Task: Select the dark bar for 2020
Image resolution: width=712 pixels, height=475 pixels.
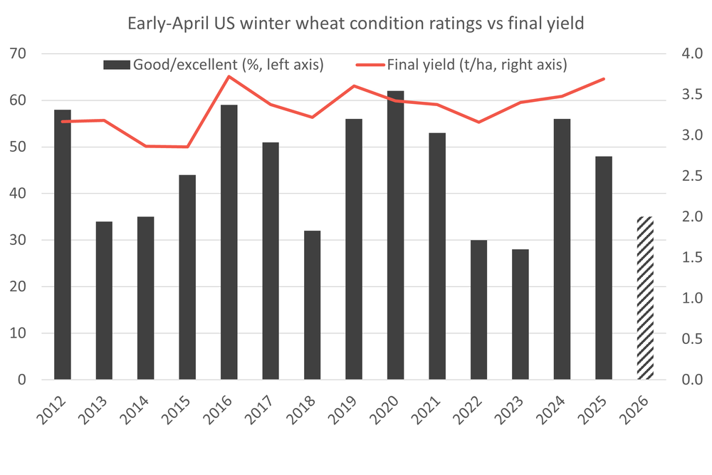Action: [395, 235]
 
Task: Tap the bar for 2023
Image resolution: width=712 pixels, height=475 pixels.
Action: [520, 314]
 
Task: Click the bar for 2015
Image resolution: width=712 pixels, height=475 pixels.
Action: [187, 277]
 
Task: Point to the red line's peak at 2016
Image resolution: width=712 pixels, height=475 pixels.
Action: [229, 76]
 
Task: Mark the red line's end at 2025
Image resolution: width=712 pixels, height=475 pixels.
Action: [604, 79]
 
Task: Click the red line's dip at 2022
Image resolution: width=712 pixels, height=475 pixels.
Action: [478, 122]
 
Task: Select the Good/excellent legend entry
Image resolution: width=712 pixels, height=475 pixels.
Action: [214, 65]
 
